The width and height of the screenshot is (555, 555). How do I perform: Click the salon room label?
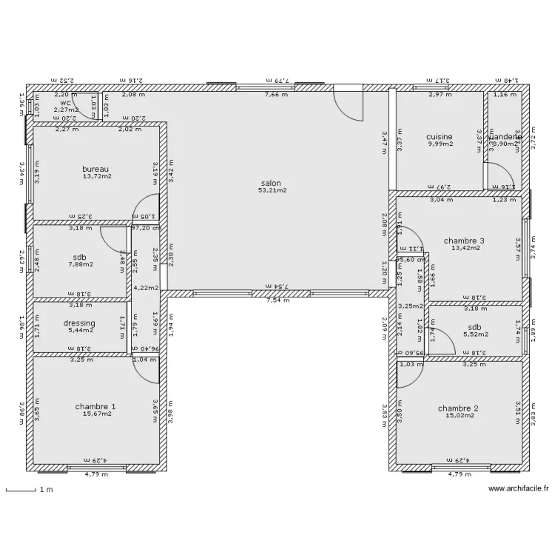pos(272,183)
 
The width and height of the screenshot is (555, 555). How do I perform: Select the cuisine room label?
pos(439,137)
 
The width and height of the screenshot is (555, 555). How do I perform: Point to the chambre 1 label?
pos(95,406)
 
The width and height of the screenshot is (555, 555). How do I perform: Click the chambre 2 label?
pos(458,408)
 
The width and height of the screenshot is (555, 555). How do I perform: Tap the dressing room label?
pos(78,323)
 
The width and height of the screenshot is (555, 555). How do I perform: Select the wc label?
pos(65,103)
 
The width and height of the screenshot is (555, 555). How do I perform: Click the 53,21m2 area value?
pos(272,190)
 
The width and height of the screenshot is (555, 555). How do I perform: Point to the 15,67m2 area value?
pos(97,414)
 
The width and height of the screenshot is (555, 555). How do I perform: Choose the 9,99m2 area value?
pos(440,144)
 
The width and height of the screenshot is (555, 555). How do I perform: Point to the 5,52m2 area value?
pos(474,334)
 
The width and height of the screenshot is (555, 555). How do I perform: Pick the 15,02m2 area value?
pos(459,415)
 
